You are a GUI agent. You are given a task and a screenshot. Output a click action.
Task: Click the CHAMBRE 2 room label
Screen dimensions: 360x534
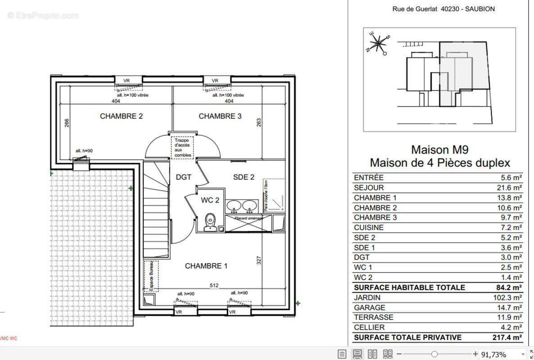(x=121, y=116)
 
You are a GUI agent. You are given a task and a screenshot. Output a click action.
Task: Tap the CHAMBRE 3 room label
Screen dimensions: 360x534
(x=220, y=116)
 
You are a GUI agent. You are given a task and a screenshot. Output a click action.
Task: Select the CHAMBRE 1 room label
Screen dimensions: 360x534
(x=206, y=266)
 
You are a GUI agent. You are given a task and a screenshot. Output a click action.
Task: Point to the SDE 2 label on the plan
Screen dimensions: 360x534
(x=244, y=177)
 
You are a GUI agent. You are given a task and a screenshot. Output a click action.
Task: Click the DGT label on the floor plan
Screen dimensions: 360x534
(x=183, y=177)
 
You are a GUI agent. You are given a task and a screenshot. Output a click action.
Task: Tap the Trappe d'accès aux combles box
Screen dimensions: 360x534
(x=183, y=148)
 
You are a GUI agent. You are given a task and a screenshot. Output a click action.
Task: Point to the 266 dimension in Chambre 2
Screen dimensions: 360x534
(x=67, y=123)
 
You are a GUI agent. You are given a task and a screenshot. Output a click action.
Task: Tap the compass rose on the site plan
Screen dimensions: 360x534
(x=379, y=43)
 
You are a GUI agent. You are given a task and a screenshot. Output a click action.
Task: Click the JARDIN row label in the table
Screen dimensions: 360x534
(x=367, y=297)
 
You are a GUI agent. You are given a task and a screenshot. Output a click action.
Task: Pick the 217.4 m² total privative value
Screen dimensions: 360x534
(x=507, y=337)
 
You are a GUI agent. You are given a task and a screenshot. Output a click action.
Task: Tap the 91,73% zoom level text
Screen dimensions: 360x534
(x=493, y=354)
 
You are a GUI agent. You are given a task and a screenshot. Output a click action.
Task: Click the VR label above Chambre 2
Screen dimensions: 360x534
(x=127, y=81)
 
